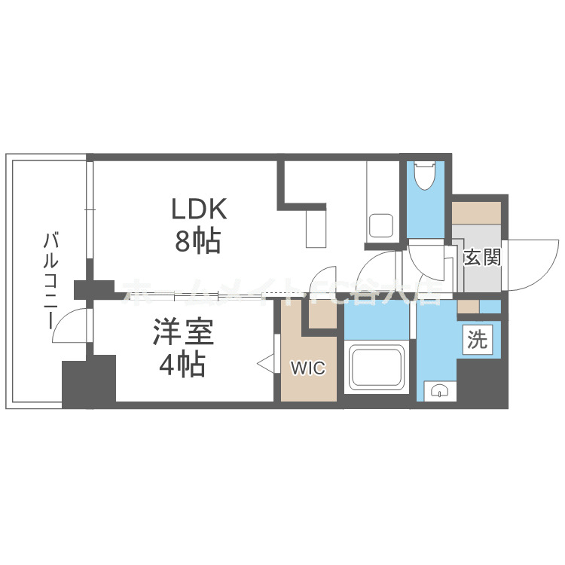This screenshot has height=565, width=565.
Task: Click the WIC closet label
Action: click(308, 368)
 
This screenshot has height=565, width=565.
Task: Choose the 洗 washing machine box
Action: click(478, 340)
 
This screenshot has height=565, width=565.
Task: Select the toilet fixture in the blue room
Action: click(425, 176)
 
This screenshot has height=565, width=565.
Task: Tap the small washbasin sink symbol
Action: click(438, 389)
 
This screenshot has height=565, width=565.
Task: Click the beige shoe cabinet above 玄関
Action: click(477, 212)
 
